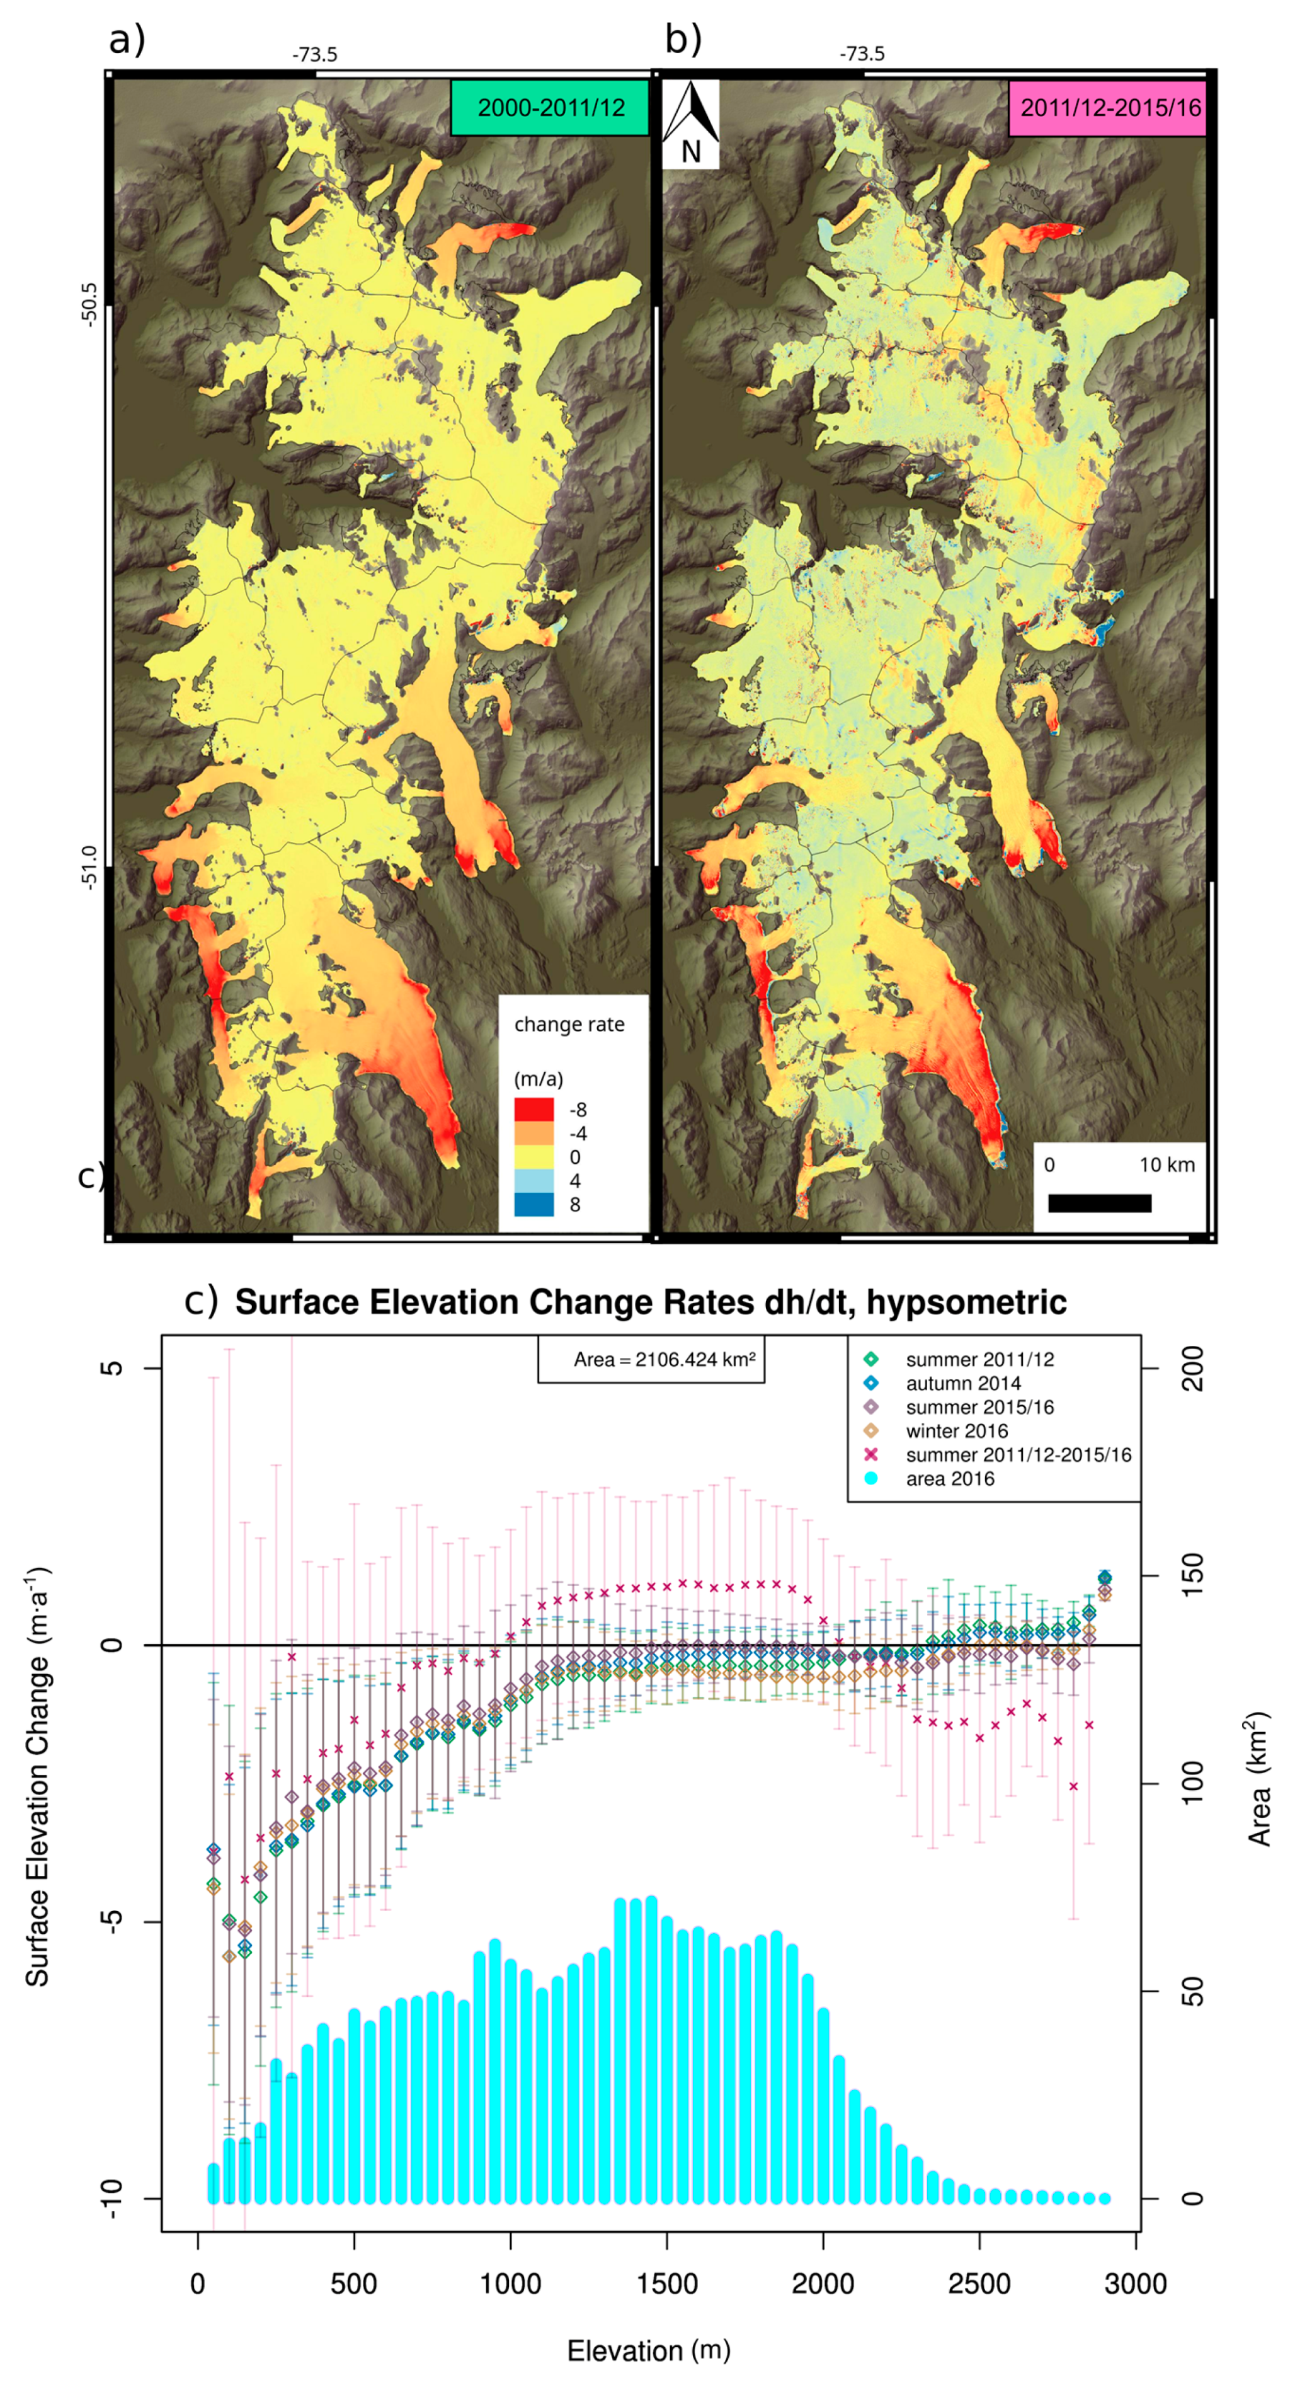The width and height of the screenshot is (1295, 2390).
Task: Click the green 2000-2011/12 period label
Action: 550,108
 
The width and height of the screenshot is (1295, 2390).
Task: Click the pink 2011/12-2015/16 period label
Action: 1109,108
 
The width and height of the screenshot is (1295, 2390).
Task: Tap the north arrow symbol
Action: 690,124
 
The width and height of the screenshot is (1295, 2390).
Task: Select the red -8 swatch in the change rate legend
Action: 533,1110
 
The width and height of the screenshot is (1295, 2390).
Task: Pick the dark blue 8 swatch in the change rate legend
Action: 533,1204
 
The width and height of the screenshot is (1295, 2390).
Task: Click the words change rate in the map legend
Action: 569,1025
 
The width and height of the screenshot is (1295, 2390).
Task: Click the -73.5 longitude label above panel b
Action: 862,54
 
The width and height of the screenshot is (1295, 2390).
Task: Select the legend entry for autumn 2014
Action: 963,1383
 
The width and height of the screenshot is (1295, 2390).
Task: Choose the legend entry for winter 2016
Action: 956,1430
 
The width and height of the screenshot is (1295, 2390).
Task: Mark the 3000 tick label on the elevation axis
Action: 1134,2284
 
